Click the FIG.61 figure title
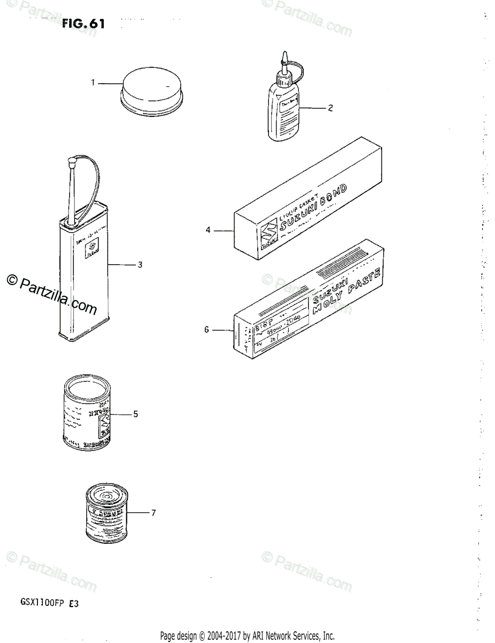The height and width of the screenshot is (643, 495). point(83,24)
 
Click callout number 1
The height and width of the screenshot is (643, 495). point(93,83)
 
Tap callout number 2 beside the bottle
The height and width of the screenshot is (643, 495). point(331,108)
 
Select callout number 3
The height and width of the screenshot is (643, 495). point(140,265)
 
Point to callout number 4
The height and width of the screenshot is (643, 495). point(208,231)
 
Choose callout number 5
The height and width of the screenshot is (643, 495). point(136,414)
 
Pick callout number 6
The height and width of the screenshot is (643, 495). point(206,330)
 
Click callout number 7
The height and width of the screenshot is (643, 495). point(153,513)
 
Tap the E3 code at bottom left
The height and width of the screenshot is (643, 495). point(73,602)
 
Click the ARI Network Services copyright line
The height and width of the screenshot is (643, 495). point(247,637)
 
